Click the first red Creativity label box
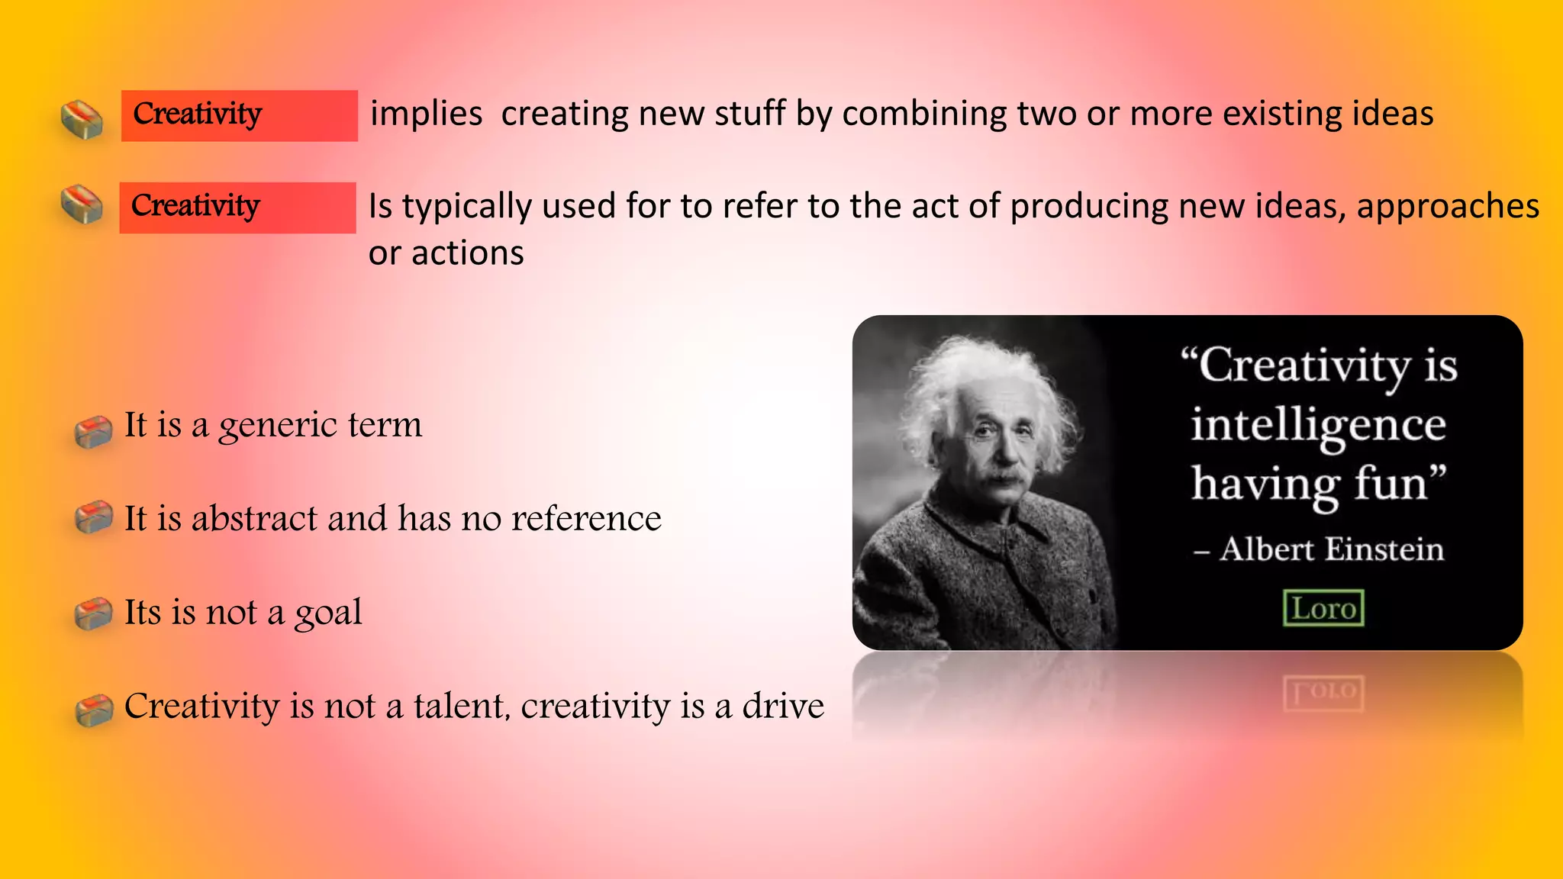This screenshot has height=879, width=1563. coord(239,115)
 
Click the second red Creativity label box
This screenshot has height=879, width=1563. coord(237,208)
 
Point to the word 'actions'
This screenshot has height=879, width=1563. coord(467,253)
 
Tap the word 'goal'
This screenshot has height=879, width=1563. coord(328,613)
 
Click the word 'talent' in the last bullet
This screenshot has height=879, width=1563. coord(459,707)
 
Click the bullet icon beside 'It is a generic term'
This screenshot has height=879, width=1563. coord(94,432)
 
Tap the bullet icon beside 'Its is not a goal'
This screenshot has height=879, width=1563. coord(94,614)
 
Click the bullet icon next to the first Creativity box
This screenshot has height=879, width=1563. coord(82,120)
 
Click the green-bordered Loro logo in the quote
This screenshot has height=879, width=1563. coord(1323,608)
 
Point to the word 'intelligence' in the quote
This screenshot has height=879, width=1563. coord(1318,426)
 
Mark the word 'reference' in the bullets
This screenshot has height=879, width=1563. coord(585,519)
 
